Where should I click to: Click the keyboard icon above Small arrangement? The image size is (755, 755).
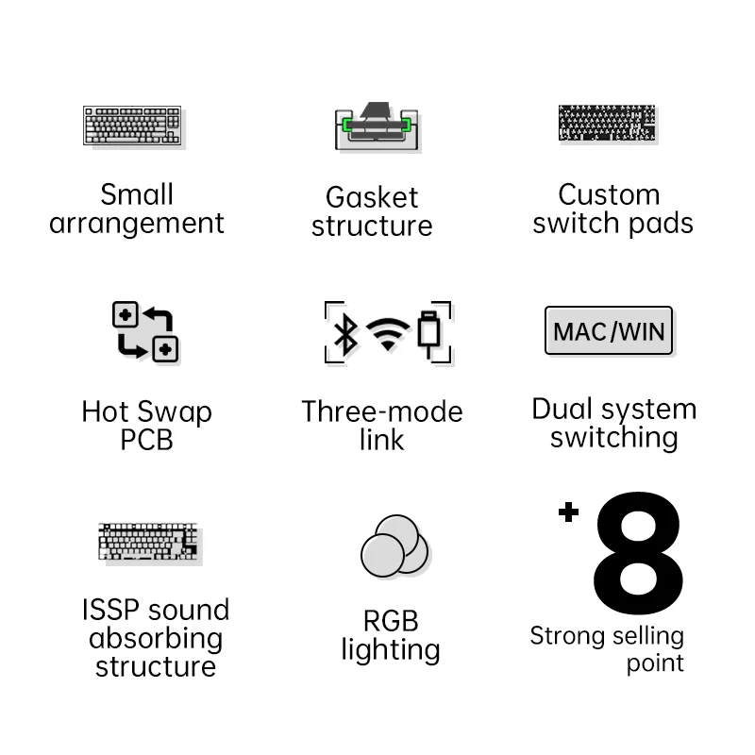tap(133, 126)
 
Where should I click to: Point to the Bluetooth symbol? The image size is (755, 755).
tap(345, 332)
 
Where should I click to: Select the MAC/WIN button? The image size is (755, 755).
tap(609, 330)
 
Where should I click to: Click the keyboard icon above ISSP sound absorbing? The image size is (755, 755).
tap(149, 542)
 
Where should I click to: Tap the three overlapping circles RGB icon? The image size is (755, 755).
tap(394, 545)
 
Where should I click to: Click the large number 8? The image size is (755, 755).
tap(638, 553)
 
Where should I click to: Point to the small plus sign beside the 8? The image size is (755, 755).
tap(567, 512)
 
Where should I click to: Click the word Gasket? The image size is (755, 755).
tap(371, 197)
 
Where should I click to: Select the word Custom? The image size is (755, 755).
tap(609, 194)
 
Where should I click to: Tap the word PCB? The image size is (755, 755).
tap(146, 440)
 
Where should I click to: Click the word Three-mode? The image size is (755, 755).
tap(381, 411)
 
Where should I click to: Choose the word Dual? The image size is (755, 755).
tap(566, 409)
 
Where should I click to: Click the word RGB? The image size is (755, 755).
tap(390, 621)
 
